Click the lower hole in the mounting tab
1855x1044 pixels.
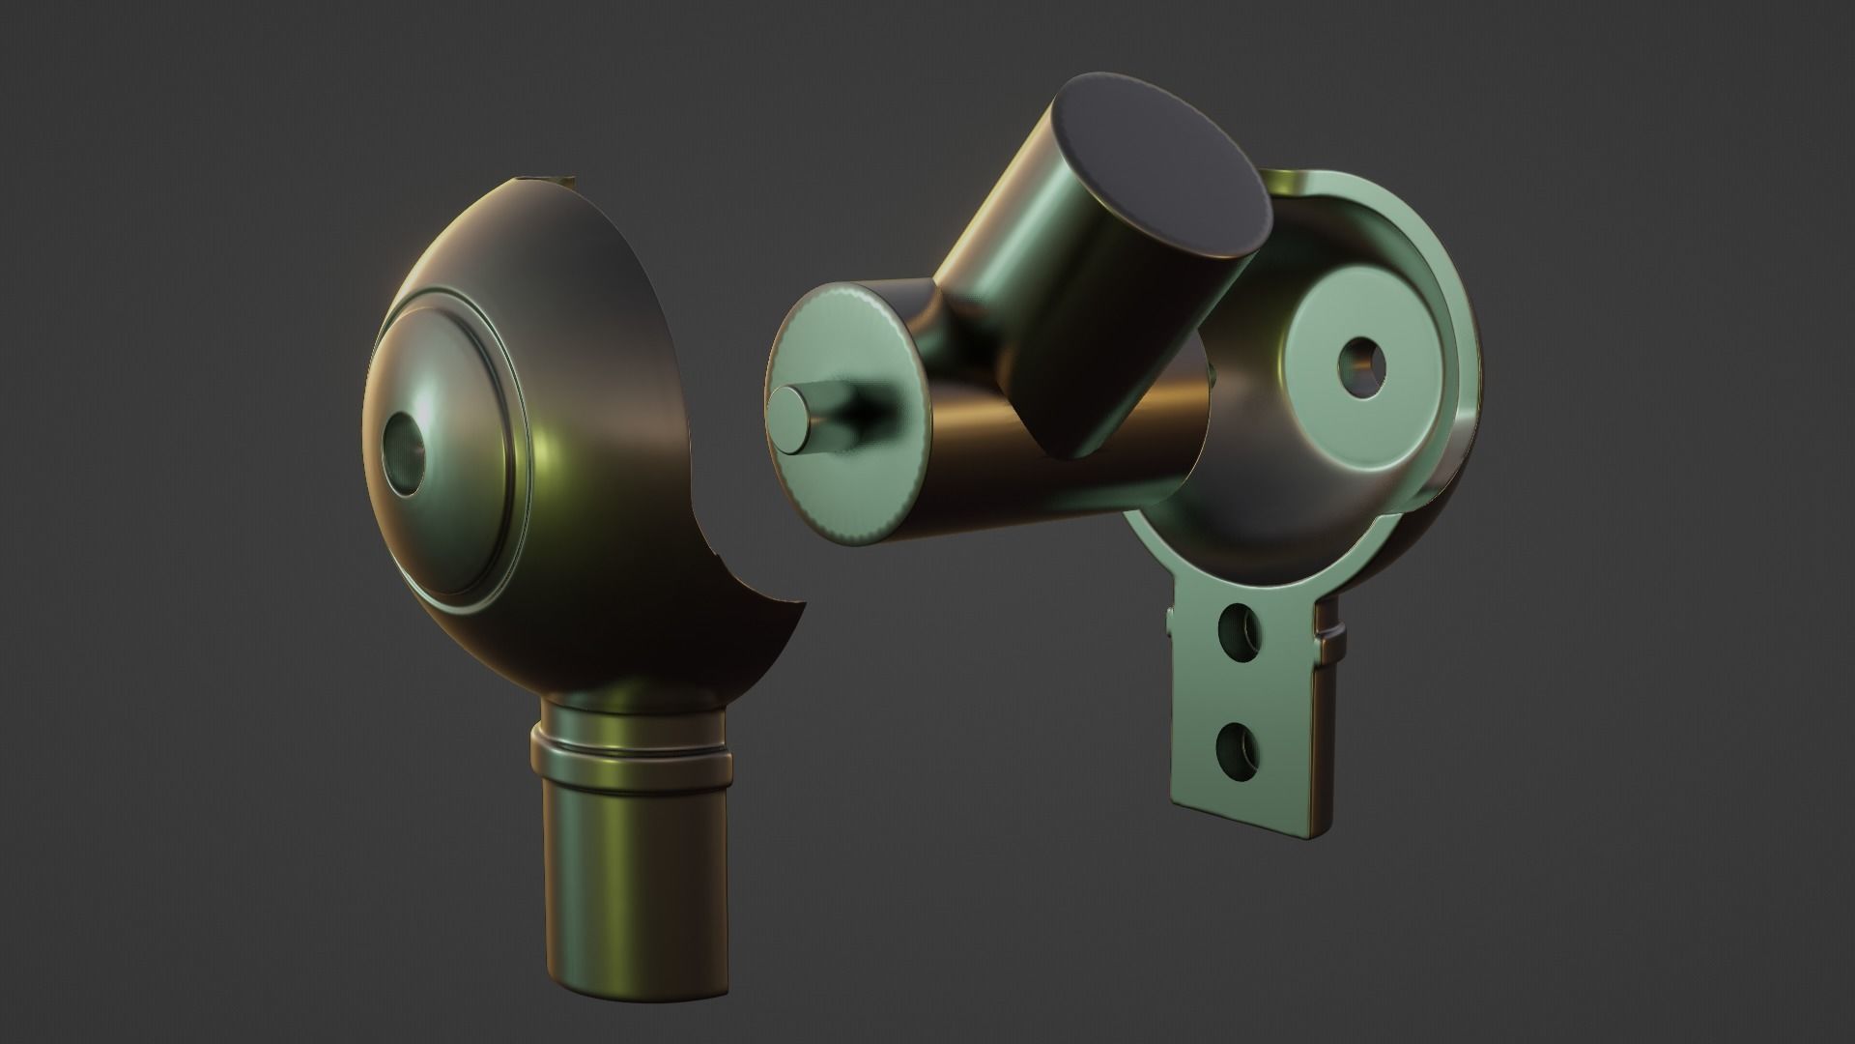pos(1238,745)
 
